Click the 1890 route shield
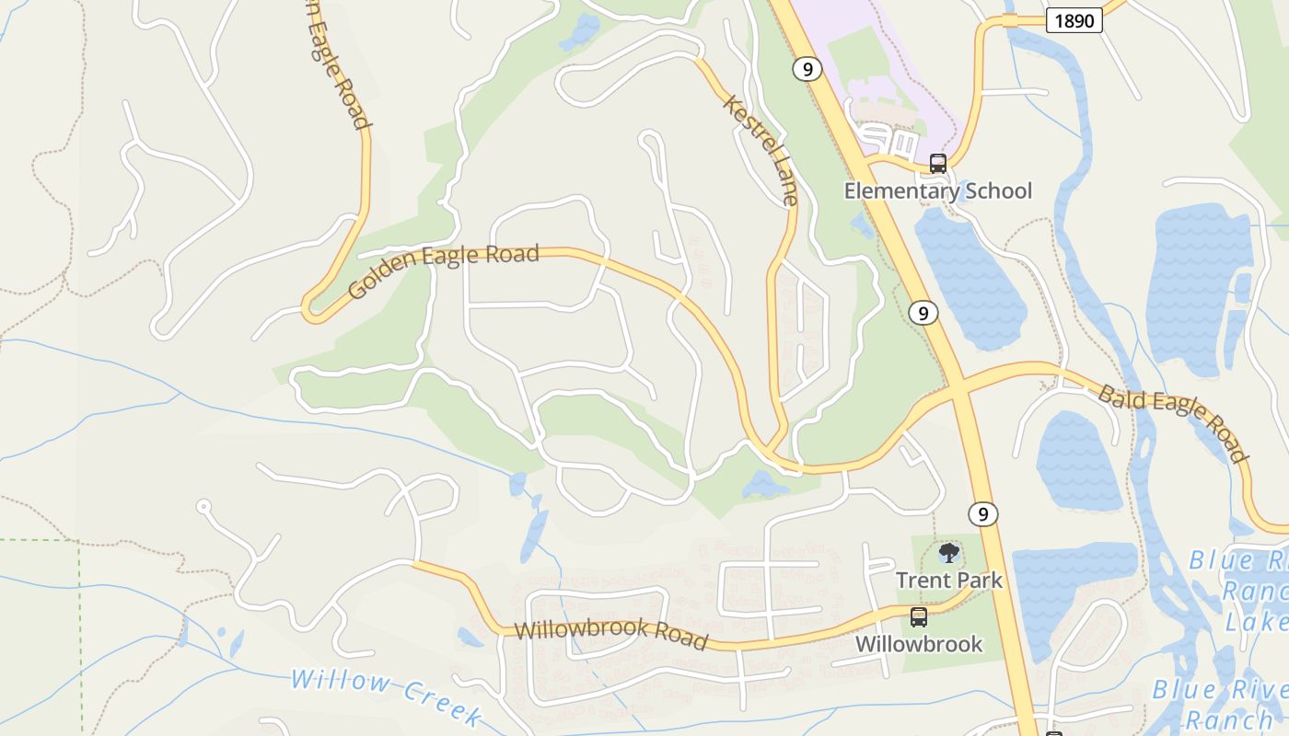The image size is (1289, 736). coord(1074,20)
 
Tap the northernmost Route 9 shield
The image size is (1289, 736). coord(807,69)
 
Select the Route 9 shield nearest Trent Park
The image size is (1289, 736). coord(983,513)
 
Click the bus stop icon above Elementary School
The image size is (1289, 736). coord(938,164)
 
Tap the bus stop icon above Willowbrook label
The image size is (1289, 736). coord(918,616)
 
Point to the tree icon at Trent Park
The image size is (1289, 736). coord(948,553)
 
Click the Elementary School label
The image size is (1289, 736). coord(938,191)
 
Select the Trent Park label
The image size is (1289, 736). coord(948,581)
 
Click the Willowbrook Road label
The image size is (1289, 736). coord(611,634)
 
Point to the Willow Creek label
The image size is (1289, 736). coord(387,696)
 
